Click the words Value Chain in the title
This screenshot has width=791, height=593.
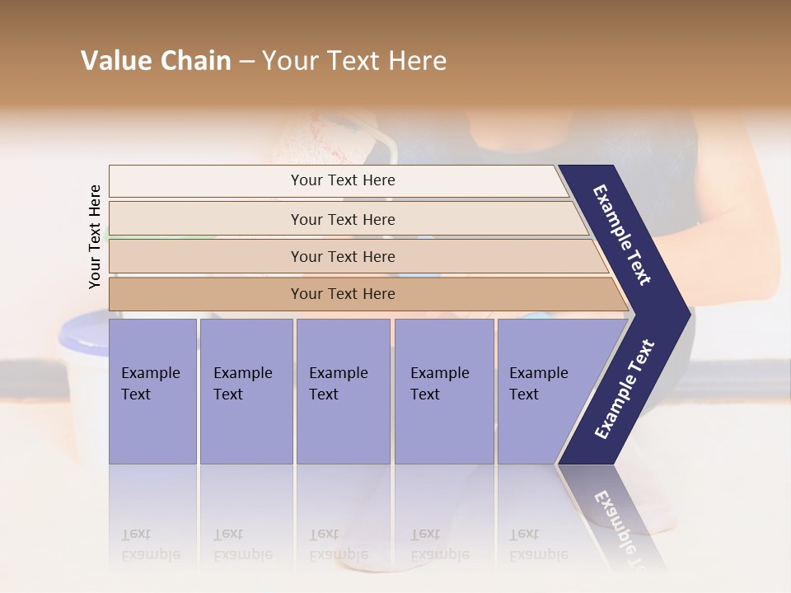[x=156, y=61]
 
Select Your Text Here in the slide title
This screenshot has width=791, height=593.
[x=354, y=61]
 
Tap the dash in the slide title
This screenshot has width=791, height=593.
[x=246, y=62]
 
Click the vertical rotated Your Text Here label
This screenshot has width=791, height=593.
[x=95, y=236]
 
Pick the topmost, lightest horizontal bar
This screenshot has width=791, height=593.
[x=342, y=180]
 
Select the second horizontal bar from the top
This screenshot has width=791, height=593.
[x=342, y=219]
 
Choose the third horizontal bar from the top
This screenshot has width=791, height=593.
[x=342, y=256]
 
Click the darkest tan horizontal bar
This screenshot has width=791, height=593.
[x=342, y=294]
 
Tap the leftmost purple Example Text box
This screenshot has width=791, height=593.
[x=152, y=391]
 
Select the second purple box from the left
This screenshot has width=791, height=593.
[x=246, y=391]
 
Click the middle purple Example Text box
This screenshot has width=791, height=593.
[x=343, y=391]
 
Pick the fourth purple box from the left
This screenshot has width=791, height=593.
[x=444, y=391]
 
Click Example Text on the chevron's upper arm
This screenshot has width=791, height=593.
[x=622, y=235]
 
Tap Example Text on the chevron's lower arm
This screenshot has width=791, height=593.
[x=625, y=389]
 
